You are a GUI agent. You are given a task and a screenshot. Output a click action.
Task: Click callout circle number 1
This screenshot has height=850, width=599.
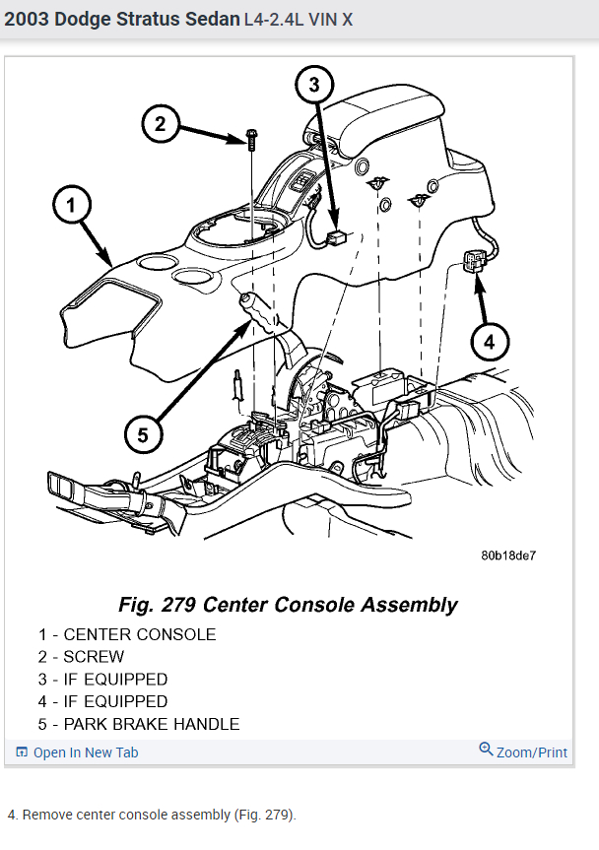[x=72, y=206]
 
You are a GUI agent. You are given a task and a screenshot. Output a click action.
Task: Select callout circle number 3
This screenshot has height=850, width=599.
[x=314, y=85]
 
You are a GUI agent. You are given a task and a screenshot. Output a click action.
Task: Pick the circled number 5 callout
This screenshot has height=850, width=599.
[x=143, y=434]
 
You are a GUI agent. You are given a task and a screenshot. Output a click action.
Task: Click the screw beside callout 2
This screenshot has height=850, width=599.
[x=251, y=140]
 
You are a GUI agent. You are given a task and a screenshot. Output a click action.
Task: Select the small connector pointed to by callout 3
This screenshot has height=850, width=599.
[x=337, y=236]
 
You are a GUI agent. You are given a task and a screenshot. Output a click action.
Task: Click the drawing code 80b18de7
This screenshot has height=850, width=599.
[x=508, y=556]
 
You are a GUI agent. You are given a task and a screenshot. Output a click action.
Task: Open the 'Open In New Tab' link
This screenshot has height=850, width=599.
[x=85, y=752]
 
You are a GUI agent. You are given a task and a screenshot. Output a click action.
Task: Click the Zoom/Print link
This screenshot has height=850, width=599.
[x=531, y=752]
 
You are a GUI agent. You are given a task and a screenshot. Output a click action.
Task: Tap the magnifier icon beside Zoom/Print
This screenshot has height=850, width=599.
[x=486, y=750]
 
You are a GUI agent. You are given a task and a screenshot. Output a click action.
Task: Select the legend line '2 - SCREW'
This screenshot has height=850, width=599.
[x=82, y=657]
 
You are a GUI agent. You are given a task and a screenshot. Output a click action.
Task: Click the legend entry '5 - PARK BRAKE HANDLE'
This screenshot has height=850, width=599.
[x=139, y=724]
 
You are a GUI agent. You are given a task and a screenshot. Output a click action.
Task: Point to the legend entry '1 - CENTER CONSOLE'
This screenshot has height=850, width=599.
[x=127, y=634]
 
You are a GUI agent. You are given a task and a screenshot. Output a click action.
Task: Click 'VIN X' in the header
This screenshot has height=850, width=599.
[x=333, y=19]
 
